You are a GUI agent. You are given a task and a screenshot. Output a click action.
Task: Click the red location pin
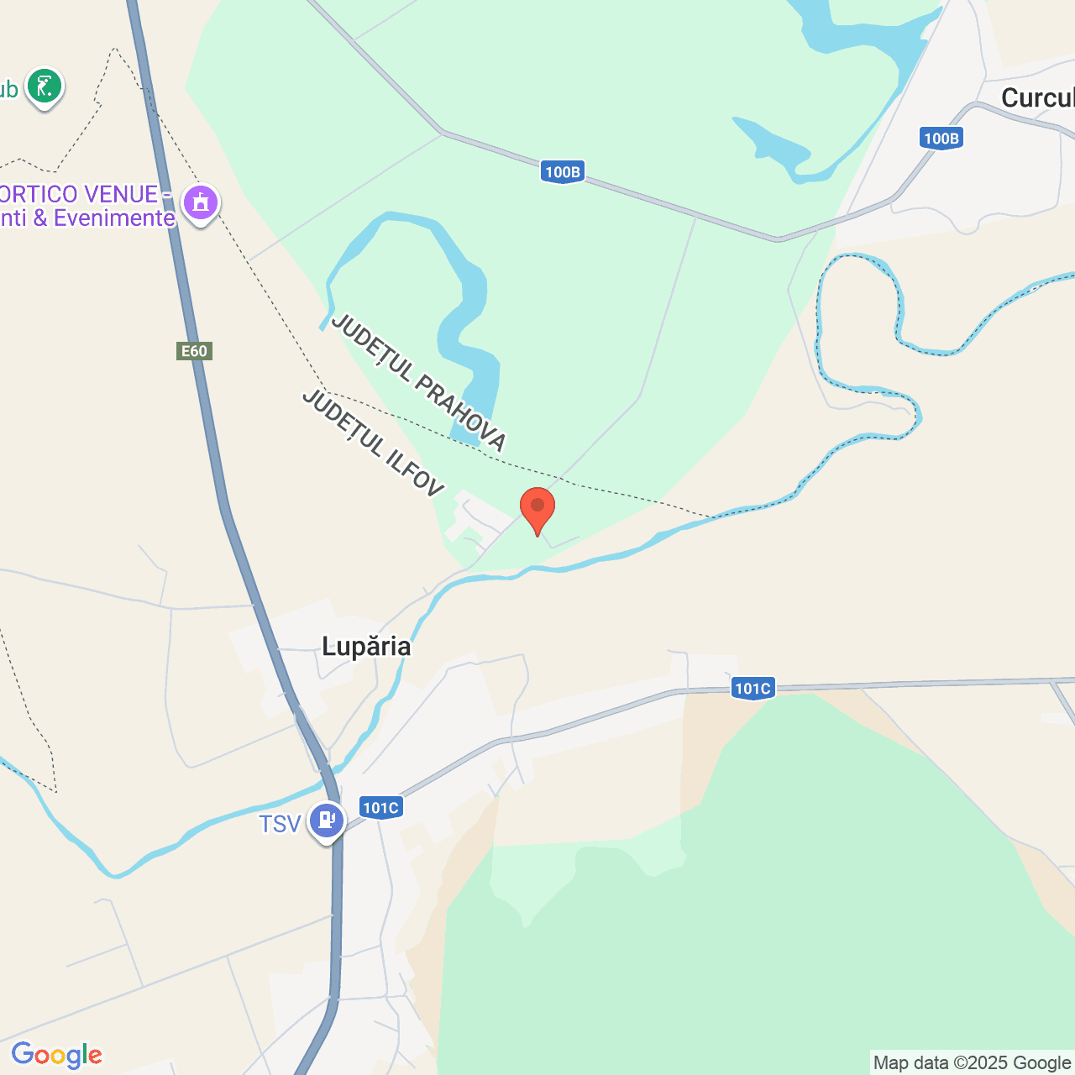tap(537, 509)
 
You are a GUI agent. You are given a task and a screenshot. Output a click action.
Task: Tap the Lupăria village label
tap(366, 646)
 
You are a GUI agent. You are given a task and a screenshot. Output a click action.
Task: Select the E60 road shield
tap(194, 351)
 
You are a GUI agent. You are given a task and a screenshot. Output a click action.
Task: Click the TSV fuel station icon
tap(326, 820)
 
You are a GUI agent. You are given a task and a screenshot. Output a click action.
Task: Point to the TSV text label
tap(280, 824)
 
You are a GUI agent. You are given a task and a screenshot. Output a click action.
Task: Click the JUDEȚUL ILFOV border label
tap(372, 443)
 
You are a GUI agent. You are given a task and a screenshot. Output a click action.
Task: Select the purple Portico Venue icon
tap(201, 202)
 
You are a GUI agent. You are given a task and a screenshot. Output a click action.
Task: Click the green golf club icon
tap(45, 87)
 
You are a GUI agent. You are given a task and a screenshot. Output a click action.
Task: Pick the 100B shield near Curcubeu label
tap(941, 139)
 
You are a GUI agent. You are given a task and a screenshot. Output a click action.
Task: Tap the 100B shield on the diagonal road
tap(562, 172)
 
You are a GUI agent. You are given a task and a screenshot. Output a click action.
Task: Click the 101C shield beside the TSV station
tap(380, 808)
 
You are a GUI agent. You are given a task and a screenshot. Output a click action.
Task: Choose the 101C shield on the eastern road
tap(752, 689)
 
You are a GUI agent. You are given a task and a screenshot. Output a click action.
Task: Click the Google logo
tap(56, 1055)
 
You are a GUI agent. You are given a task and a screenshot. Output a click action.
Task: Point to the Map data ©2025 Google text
tap(972, 1062)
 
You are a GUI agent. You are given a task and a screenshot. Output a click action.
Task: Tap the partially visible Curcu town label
tap(1037, 98)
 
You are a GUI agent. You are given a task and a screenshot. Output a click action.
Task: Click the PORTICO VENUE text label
tap(80, 194)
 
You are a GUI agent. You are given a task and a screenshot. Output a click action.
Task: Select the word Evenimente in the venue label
tap(114, 218)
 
